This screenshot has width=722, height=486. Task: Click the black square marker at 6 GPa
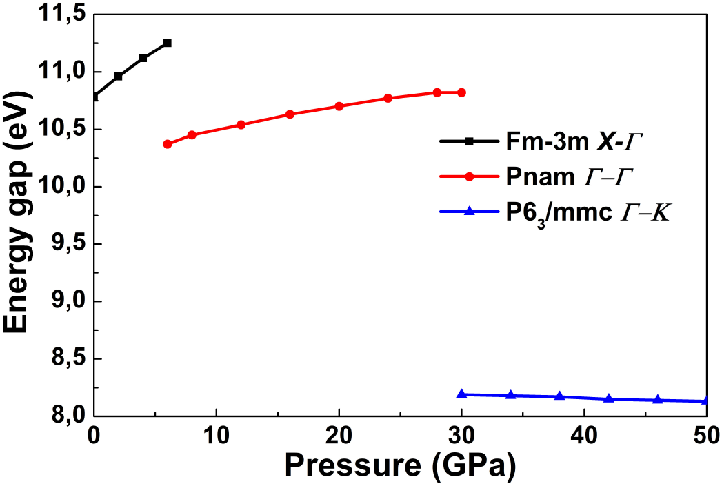(x=167, y=43)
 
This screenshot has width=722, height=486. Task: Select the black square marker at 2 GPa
(x=119, y=76)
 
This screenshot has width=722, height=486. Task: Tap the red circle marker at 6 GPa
(x=167, y=144)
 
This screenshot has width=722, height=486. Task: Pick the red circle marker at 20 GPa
(x=339, y=106)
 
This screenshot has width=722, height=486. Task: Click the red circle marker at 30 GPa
(x=461, y=92)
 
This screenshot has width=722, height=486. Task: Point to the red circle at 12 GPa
(x=241, y=125)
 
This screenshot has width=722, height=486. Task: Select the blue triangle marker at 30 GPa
(x=461, y=394)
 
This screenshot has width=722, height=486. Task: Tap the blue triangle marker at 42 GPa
(x=609, y=398)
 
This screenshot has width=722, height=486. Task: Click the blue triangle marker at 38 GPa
(x=559, y=396)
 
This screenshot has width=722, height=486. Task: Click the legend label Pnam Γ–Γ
(x=565, y=176)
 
